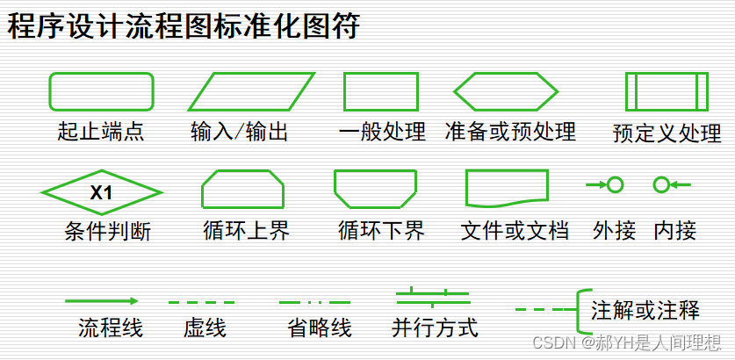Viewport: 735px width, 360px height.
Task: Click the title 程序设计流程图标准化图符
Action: click(184, 27)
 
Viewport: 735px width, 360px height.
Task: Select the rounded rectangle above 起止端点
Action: click(101, 91)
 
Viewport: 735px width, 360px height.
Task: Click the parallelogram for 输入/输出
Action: click(251, 91)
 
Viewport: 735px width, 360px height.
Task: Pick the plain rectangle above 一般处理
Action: click(380, 91)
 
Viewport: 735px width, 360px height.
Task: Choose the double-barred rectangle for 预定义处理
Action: click(666, 91)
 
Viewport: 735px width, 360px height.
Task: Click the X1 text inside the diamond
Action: click(102, 191)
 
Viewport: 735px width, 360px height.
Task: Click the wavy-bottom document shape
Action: click(506, 188)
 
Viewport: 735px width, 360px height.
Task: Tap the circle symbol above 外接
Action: click(616, 184)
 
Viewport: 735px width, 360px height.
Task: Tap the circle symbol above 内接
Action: click(662, 184)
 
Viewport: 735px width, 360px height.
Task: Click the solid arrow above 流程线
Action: click(101, 301)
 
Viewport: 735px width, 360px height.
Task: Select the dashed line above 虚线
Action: click(201, 302)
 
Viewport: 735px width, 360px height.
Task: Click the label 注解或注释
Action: click(645, 310)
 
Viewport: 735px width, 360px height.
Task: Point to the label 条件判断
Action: click(108, 232)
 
